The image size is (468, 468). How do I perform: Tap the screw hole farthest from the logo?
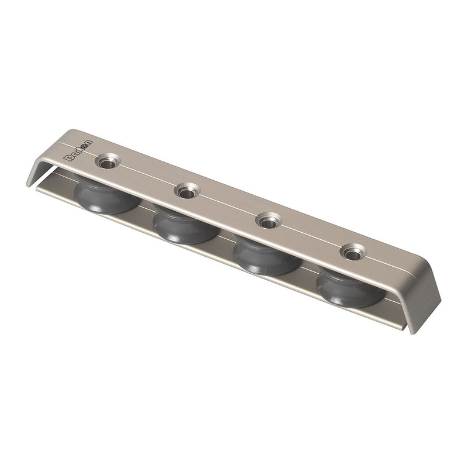(352, 253)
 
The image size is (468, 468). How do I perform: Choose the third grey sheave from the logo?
(266, 256)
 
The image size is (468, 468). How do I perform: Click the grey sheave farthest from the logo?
(349, 288)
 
